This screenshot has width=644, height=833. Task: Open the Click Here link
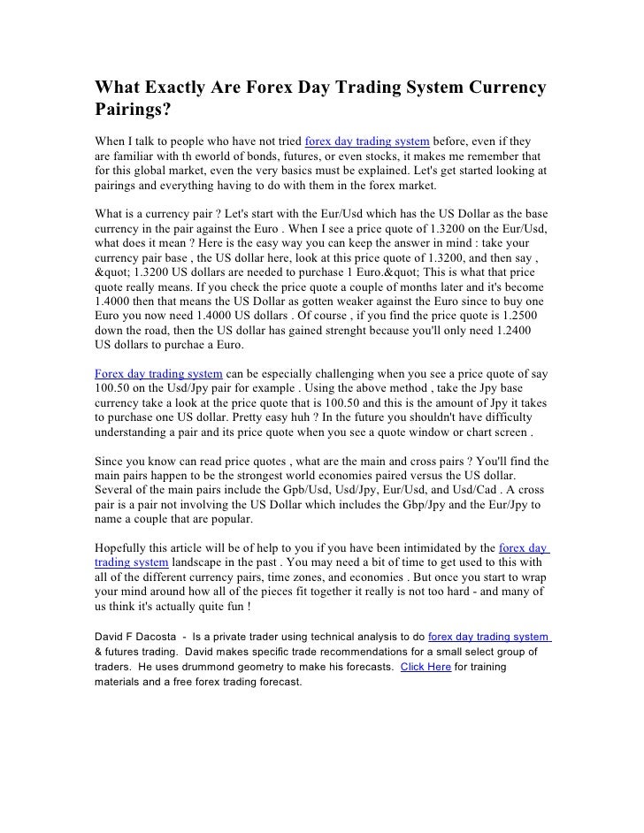point(425,667)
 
